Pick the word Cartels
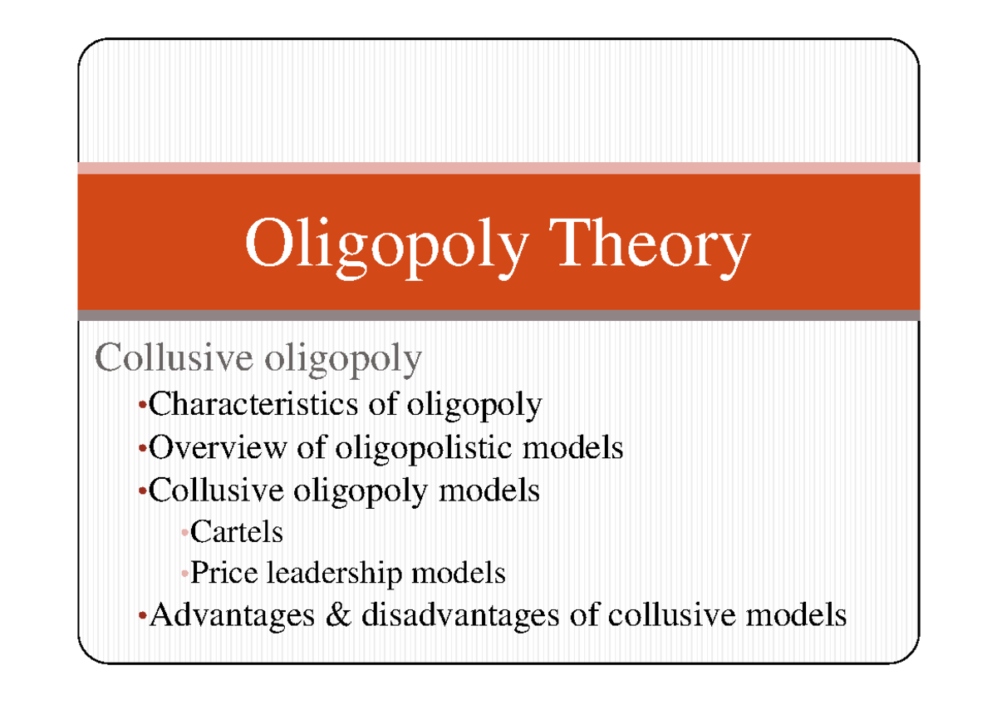(x=237, y=531)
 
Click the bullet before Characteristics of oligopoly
(x=143, y=407)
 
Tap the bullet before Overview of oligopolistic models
(x=143, y=450)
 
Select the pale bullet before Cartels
(x=185, y=533)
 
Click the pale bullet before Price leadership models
(x=185, y=574)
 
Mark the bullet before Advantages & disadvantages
(x=143, y=617)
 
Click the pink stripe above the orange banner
(x=498, y=168)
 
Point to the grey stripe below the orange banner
(x=498, y=315)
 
